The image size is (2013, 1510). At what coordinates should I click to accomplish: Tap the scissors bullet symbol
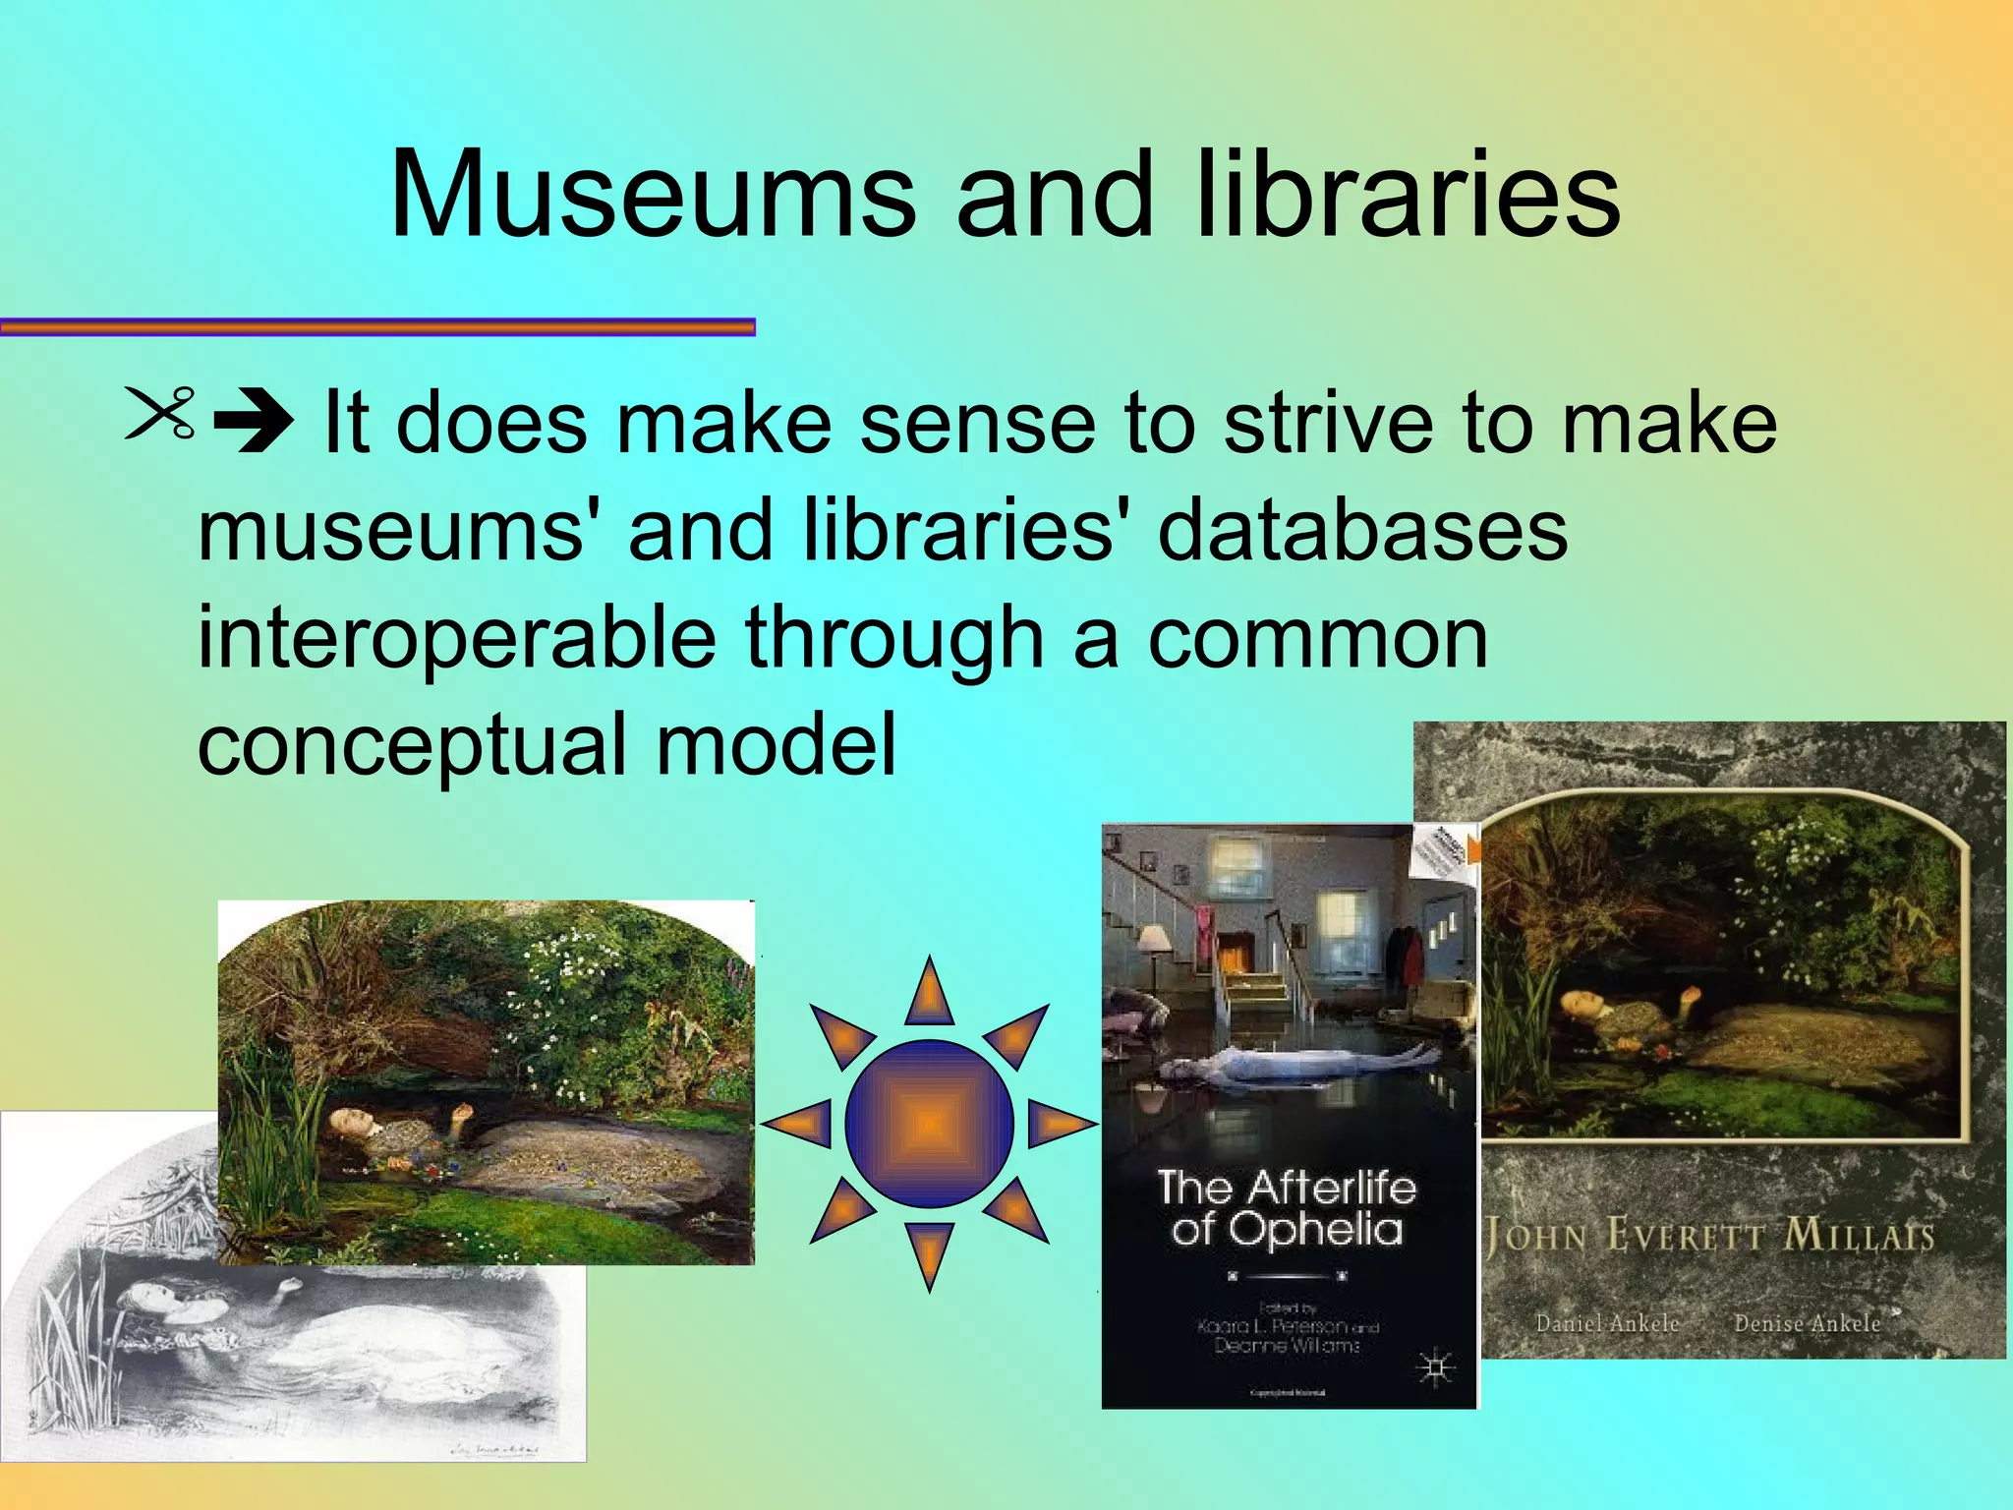(161, 413)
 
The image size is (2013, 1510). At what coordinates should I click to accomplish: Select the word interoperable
(456, 638)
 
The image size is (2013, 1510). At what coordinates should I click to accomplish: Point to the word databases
(1362, 531)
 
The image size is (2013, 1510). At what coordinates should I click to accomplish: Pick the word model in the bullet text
(776, 744)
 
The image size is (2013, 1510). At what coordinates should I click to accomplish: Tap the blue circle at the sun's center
(929, 1124)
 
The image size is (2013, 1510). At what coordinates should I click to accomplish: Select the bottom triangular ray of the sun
(929, 1253)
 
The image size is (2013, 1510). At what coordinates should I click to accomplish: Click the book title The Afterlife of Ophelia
(1287, 1208)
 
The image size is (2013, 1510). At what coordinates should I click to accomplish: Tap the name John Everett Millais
(1709, 1235)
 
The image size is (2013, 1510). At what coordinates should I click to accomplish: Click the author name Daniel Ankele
(1607, 1323)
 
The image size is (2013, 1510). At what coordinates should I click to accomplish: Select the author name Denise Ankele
(1807, 1323)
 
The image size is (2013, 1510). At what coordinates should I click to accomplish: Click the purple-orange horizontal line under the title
(377, 327)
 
